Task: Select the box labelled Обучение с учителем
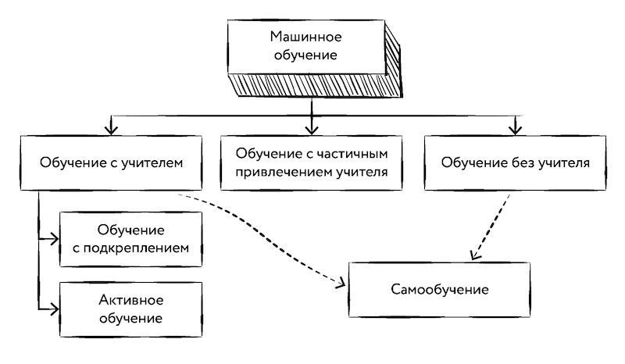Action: click(110, 164)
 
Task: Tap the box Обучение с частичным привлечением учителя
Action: click(312, 164)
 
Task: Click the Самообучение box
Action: click(440, 290)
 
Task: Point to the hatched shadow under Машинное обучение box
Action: click(312, 85)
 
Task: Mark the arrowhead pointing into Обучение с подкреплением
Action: click(54, 240)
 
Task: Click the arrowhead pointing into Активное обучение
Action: click(54, 309)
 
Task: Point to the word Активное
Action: click(130, 300)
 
